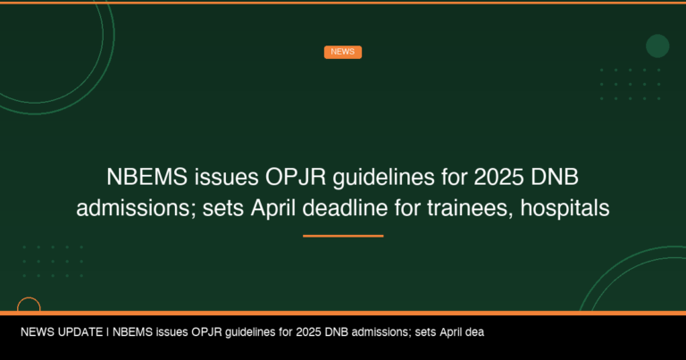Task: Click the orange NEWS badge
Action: pos(342,52)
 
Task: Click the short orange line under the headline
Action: pos(343,236)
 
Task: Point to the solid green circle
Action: pos(657,46)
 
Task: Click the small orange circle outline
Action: pos(29,306)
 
